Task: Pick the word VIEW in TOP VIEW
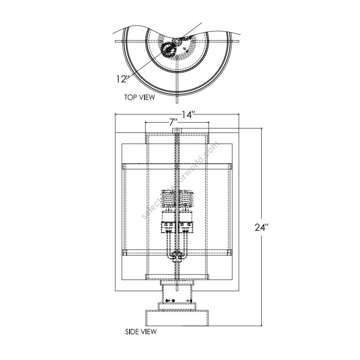(x=146, y=97)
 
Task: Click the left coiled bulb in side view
(x=168, y=199)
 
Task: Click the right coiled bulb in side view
(x=186, y=199)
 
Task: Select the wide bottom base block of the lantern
(x=176, y=319)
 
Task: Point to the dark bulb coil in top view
(x=168, y=50)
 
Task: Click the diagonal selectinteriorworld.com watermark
(x=180, y=180)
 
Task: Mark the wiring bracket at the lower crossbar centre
(x=176, y=256)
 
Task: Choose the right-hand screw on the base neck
(x=191, y=301)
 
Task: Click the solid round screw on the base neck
(x=173, y=301)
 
